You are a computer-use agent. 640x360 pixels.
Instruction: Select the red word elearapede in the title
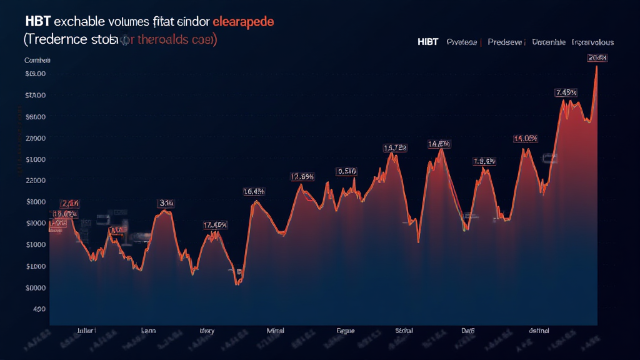(243, 21)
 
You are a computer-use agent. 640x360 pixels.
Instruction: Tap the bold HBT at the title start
(37, 21)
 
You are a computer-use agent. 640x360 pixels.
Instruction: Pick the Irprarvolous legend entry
(592, 42)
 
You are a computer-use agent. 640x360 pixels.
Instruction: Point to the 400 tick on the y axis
(39, 309)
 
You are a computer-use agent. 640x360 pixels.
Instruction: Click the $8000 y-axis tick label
(36, 202)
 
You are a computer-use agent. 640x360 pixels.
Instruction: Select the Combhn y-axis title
(37, 61)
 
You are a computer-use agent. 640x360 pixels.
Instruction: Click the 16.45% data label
(254, 192)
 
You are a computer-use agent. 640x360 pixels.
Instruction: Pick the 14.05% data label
(526, 139)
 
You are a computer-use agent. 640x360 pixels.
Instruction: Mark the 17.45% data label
(215, 225)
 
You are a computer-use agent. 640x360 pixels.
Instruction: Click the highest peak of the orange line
(597, 66)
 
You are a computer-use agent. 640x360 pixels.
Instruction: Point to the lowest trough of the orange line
(237, 285)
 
